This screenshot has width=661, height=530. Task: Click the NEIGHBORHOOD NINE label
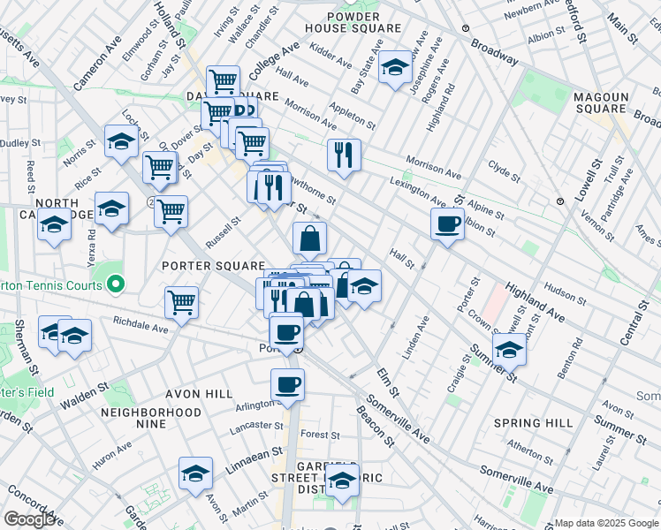[x=151, y=418]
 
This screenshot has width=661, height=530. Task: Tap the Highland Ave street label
[x=536, y=303]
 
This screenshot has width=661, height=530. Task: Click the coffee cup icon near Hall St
[x=448, y=223]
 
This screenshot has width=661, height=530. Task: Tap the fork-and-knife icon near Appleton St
[x=344, y=154]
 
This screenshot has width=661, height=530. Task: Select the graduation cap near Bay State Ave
[x=395, y=67]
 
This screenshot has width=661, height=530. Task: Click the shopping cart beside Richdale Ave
[x=181, y=301]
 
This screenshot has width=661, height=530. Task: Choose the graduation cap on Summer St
[x=508, y=350]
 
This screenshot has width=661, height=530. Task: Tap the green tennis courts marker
[x=114, y=284]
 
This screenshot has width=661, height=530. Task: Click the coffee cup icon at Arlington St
[x=287, y=384]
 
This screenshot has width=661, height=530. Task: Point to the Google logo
[x=28, y=519]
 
